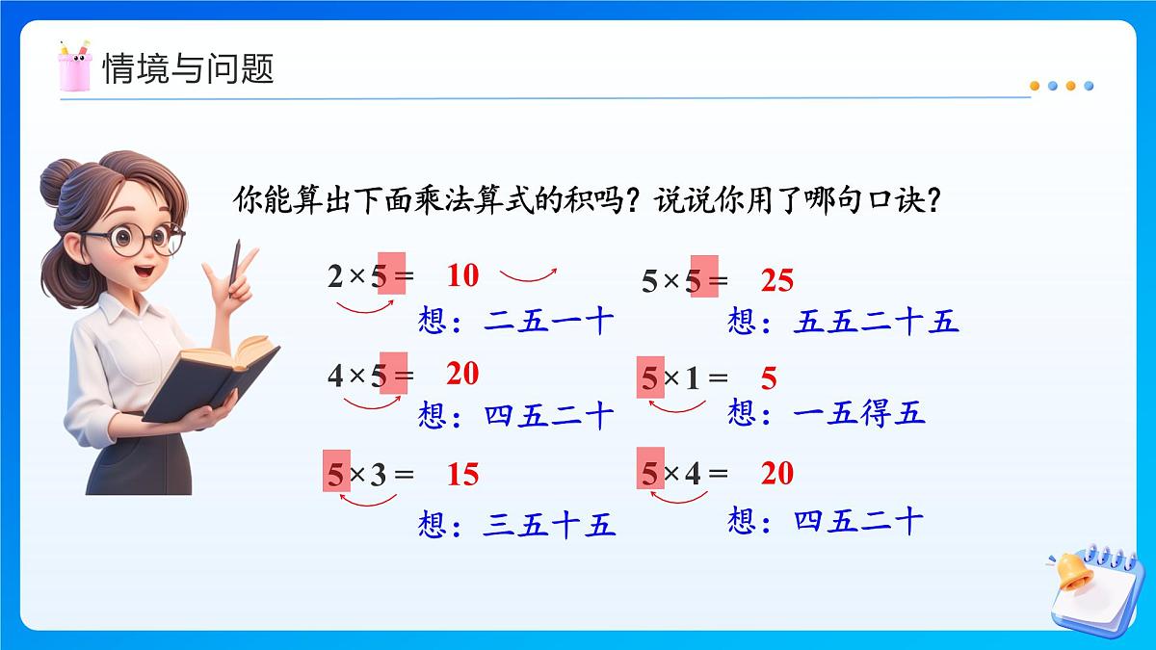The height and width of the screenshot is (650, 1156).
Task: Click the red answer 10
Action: [x=462, y=276]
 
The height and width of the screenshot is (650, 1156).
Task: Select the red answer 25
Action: [x=776, y=280]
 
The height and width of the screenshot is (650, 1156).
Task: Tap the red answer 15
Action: [x=462, y=475]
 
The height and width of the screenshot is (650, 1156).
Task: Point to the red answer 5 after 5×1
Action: [x=769, y=378]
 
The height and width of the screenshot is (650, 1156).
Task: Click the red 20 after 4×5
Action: [x=462, y=374]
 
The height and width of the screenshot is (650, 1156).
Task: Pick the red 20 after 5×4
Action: [x=776, y=474]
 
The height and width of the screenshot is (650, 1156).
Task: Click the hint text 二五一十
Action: [x=549, y=321]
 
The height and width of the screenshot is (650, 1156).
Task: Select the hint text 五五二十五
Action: [x=877, y=322]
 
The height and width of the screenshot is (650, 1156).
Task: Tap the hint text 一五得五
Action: [x=859, y=413]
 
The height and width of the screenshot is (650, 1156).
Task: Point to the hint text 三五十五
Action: [x=549, y=526]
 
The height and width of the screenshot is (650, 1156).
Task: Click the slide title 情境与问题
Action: [x=188, y=68]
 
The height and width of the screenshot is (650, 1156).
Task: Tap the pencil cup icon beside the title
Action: [x=74, y=65]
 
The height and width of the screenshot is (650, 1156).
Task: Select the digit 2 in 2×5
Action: [x=335, y=277]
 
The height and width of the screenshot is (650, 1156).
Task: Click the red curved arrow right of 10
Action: [x=528, y=275]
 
